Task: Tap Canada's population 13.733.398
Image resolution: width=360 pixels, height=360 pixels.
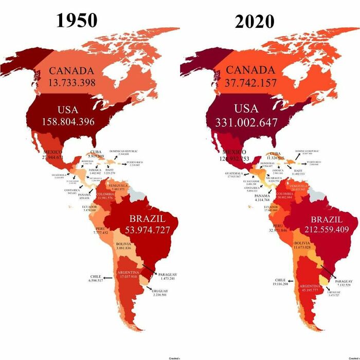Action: pyautogui.click(x=72, y=82)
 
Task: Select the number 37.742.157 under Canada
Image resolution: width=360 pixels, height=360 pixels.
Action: pyautogui.click(x=250, y=83)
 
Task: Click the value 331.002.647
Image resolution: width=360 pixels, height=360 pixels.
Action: pyautogui.click(x=242, y=123)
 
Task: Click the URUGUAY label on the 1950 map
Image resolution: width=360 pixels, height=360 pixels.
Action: pyautogui.click(x=160, y=291)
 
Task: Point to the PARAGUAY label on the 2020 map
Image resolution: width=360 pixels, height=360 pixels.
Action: pyautogui.click(x=344, y=281)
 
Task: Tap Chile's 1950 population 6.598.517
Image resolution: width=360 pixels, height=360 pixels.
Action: pyautogui.click(x=96, y=280)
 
